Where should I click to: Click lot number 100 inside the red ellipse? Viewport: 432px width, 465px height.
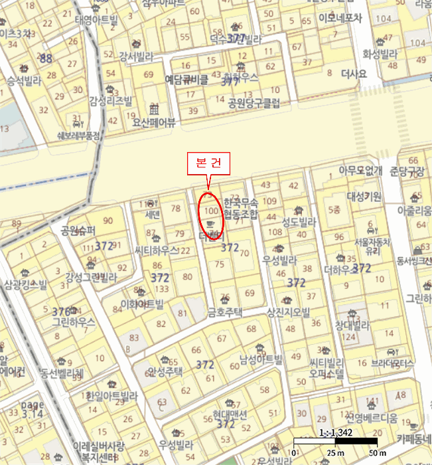tap(210, 211)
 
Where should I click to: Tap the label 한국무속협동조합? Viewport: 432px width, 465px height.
tap(240, 208)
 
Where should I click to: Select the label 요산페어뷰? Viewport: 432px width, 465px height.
tap(154, 122)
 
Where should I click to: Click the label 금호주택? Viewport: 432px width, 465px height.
tap(225, 310)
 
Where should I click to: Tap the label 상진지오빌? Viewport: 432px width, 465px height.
tap(288, 312)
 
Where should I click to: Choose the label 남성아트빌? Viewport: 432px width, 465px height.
tap(261, 359)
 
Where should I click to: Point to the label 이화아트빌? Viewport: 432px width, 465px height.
tap(141, 304)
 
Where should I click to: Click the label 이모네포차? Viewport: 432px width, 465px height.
tap(340, 19)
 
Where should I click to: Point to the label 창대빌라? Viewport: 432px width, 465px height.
tap(352, 325)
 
